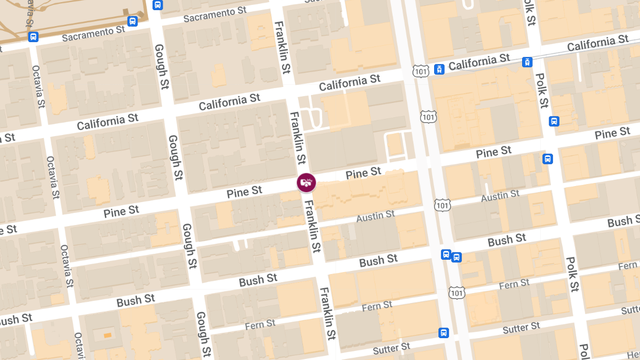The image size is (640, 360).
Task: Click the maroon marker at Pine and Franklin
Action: (306, 182)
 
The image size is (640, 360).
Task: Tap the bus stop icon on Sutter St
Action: (443, 333)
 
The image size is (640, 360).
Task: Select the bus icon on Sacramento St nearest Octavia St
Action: (33, 37)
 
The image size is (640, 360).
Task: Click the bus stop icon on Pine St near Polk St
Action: (548, 158)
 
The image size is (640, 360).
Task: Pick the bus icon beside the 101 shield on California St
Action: (439, 69)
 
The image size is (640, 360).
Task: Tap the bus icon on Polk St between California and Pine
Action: (554, 121)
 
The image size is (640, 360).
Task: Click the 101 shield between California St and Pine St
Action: (428, 116)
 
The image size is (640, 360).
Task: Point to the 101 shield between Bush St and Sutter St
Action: (457, 292)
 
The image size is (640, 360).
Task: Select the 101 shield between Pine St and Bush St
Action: (442, 205)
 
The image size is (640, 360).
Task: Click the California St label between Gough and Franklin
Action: (230, 102)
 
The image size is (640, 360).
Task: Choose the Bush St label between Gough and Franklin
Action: (258, 279)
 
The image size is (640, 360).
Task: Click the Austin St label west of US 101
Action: (375, 216)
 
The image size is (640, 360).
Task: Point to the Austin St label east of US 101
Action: (500, 196)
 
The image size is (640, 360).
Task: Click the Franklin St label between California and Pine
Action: (298, 138)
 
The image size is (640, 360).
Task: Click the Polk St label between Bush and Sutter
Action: (572, 274)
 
